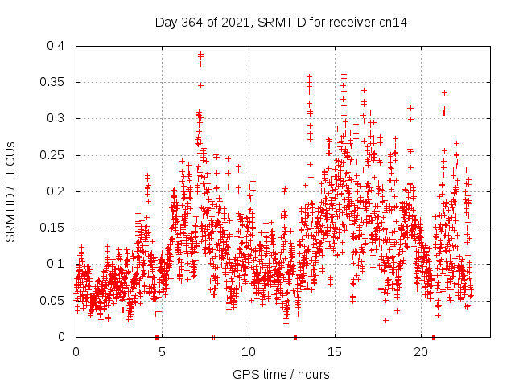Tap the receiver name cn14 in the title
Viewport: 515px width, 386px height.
coord(393,23)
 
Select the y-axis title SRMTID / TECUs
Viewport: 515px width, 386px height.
coord(10,191)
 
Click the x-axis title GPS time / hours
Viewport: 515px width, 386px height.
coord(281,374)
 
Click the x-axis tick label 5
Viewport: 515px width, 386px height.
coord(163,352)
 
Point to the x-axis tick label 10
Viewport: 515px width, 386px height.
coord(249,352)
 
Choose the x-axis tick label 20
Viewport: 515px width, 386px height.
coord(422,352)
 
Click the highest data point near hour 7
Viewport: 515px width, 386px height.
coord(201,55)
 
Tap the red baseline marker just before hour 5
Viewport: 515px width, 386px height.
coord(157,337)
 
